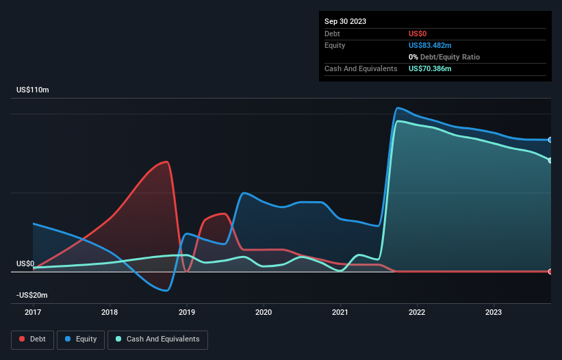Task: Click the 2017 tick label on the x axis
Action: pyautogui.click(x=33, y=313)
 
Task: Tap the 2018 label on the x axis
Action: pyautogui.click(x=110, y=313)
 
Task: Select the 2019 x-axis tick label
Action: pyautogui.click(x=186, y=313)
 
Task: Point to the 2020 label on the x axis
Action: pyautogui.click(x=264, y=313)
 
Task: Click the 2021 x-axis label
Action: pyautogui.click(x=340, y=313)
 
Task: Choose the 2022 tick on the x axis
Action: pyautogui.click(x=417, y=313)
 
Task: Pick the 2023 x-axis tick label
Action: pyautogui.click(x=494, y=313)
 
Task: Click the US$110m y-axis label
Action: pyautogui.click(x=33, y=90)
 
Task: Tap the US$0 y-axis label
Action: pyautogui.click(x=25, y=263)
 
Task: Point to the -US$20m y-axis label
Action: pyautogui.click(x=33, y=295)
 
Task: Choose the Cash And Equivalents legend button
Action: pyautogui.click(x=157, y=339)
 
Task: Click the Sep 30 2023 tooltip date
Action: pyautogui.click(x=346, y=21)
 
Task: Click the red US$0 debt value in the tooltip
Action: pyautogui.click(x=419, y=33)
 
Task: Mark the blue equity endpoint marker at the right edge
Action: pyautogui.click(x=550, y=140)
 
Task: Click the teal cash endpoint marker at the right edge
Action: pyautogui.click(x=550, y=160)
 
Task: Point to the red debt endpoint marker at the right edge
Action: pyautogui.click(x=550, y=272)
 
